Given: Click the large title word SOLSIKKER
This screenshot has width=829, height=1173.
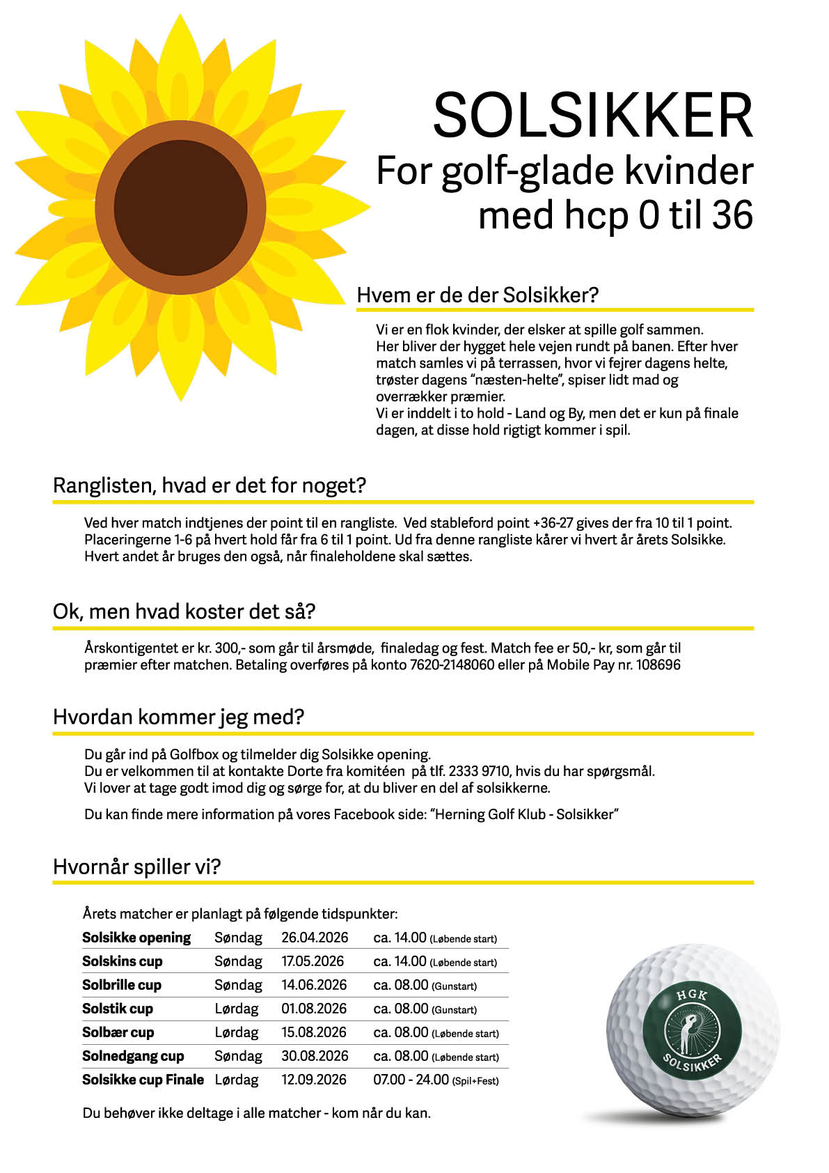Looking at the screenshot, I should [x=592, y=116].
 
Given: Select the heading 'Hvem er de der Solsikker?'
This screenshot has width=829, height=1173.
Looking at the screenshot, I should [x=477, y=295].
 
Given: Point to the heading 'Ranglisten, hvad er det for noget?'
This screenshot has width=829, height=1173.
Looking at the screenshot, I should [x=210, y=485].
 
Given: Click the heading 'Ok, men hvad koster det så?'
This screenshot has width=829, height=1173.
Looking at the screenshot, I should [x=184, y=612].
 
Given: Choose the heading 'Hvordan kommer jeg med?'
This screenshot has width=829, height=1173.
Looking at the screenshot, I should [x=179, y=717].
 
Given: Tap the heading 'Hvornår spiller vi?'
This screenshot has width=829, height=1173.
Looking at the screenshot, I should [x=137, y=867].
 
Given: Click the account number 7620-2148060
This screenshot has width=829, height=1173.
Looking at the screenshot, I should [x=452, y=665].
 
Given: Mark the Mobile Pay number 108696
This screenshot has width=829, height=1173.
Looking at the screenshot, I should [x=658, y=665].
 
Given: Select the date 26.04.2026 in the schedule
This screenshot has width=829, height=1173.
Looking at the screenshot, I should [x=315, y=938].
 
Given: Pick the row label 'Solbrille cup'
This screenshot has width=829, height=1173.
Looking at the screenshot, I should [x=122, y=985].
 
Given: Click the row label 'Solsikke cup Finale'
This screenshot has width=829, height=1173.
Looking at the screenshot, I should [x=143, y=1080].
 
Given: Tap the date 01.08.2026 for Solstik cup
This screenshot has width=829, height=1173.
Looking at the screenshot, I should [x=314, y=1009].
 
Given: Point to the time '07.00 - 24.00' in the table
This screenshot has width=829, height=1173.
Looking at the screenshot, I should [x=411, y=1080].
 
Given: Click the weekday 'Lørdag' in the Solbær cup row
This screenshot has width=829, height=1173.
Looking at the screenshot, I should [x=237, y=1032].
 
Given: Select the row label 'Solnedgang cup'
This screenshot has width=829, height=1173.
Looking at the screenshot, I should [x=133, y=1056].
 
